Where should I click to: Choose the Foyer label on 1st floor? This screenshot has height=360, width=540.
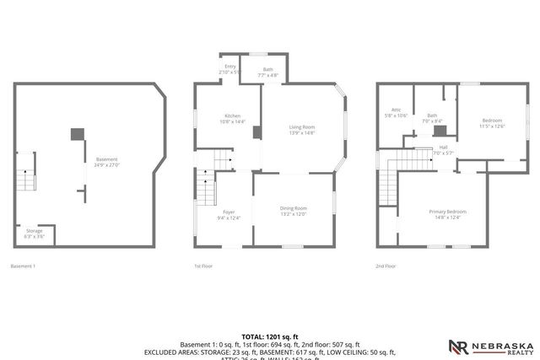click(229, 214)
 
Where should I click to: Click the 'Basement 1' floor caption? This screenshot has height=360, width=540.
click(23, 266)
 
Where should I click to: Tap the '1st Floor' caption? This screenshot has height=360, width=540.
click(202, 266)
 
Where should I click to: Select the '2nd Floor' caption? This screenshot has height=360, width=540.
click(386, 266)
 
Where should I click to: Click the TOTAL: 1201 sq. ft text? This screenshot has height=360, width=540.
click(270, 336)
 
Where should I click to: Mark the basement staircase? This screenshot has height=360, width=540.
click(26, 179)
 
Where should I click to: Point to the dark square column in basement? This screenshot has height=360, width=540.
click(77, 133)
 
